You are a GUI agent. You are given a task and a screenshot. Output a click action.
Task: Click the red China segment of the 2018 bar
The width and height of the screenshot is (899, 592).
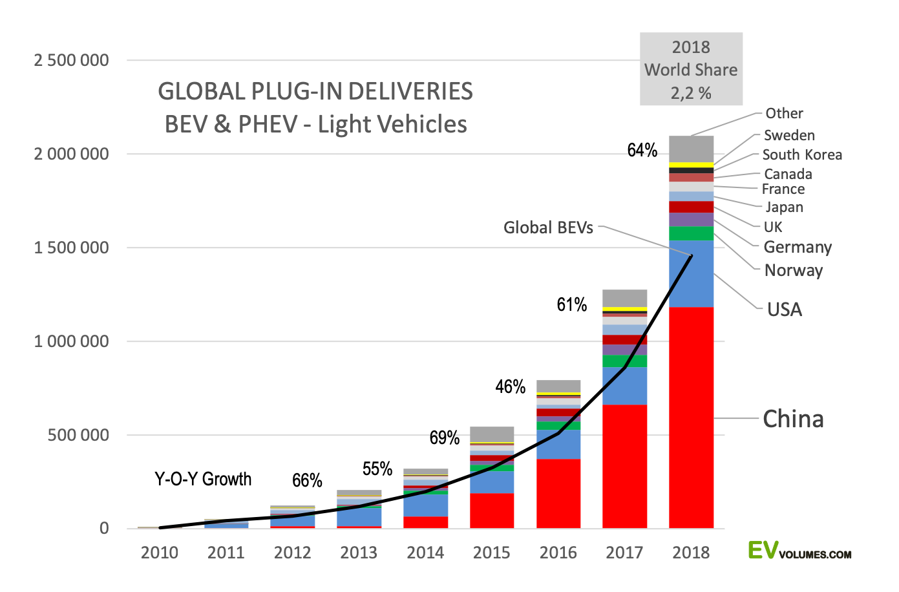coord(691,417)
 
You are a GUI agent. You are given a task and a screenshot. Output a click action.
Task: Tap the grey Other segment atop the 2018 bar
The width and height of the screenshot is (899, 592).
coord(691,149)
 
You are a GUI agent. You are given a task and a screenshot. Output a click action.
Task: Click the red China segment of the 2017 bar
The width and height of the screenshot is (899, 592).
coord(624,466)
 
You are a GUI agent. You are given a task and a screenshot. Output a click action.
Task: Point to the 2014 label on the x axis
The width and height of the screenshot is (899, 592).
coord(425,553)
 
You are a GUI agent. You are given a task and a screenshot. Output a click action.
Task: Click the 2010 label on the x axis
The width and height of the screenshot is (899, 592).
coord(160,553)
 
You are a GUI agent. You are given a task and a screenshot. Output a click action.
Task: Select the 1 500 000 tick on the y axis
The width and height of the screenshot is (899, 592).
coord(72,248)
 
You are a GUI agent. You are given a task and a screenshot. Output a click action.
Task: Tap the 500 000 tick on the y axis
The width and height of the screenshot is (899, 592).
coord(78,436)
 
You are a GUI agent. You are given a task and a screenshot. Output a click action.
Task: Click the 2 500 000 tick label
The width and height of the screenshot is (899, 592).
coord(72,61)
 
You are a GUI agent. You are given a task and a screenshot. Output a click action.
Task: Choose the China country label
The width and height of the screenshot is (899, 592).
coord(793,419)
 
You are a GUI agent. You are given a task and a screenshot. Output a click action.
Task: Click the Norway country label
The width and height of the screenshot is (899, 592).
coord(793,270)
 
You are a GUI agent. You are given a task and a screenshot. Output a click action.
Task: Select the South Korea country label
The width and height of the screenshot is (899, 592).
coord(801,155)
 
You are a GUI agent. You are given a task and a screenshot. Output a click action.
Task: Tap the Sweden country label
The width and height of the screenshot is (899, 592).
coord(788,136)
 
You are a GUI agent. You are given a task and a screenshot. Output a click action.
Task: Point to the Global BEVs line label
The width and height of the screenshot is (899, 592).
coord(548,227)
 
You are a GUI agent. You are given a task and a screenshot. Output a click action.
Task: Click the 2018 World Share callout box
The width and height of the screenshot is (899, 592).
coord(691,70)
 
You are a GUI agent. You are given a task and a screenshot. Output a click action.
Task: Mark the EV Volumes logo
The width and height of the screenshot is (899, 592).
coord(799,551)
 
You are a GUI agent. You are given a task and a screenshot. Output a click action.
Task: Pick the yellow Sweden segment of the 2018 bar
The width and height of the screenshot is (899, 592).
coord(691,165)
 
